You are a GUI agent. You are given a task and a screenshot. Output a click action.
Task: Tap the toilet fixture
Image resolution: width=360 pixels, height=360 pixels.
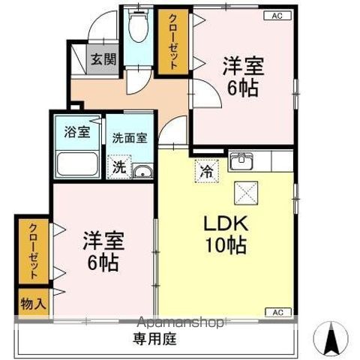pyautogui.click(x=136, y=28)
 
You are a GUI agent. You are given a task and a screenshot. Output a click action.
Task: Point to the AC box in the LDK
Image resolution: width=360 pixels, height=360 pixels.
pyautogui.click(x=277, y=311)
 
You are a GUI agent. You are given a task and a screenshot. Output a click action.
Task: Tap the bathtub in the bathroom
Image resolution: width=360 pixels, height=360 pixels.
pyautogui.click(x=76, y=163)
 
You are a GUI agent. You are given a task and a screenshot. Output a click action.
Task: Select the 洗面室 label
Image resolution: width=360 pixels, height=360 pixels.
pyautogui.click(x=129, y=138)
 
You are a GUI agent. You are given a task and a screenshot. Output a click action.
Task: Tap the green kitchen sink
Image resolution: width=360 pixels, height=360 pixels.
pyautogui.click(x=241, y=160)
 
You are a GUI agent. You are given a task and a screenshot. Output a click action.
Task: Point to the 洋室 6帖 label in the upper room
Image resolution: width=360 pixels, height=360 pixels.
pyautogui.click(x=241, y=76)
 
